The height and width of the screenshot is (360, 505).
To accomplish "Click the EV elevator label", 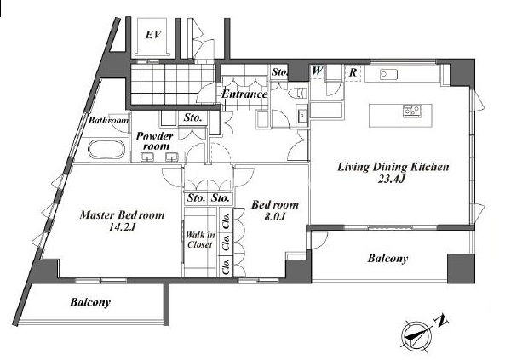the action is click(153, 34).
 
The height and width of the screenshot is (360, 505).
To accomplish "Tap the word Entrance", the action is click(244, 94).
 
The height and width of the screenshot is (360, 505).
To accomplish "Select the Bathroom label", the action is click(108, 121).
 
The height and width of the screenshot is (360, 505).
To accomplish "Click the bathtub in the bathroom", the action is click(106, 149).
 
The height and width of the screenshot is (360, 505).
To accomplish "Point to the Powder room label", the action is click(155, 140).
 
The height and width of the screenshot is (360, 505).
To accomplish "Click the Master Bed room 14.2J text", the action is click(122, 220).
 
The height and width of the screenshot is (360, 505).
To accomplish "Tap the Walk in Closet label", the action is click(199, 240).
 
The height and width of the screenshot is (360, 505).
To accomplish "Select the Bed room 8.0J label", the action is click(275, 210).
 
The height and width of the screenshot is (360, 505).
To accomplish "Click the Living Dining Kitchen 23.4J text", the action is click(393, 172).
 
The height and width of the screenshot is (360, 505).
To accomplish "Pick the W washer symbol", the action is click(317, 71).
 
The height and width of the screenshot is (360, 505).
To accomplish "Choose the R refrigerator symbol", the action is click(353, 72).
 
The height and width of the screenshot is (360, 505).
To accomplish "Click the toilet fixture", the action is click(297, 93).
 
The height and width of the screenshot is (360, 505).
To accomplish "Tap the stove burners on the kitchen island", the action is click(411, 111).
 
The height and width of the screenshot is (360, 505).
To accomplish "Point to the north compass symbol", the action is click(416, 335).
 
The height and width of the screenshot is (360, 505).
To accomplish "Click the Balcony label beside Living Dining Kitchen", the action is click(387, 258).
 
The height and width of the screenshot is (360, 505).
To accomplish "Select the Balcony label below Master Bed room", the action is click(90, 302).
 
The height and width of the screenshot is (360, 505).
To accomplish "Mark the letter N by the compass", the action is click(441, 319).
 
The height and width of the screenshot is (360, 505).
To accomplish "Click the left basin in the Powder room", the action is click(146, 157).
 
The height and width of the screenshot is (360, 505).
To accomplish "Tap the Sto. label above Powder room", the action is click(192, 117).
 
